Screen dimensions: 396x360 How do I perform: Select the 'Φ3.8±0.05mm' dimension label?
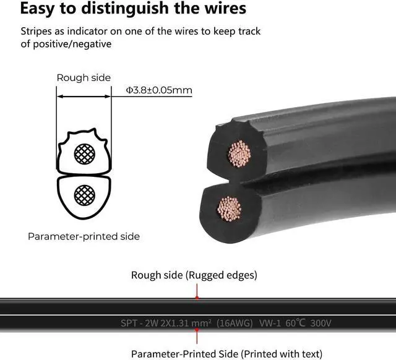coord(159,90)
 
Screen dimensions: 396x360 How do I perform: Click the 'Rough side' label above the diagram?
coord(84,77)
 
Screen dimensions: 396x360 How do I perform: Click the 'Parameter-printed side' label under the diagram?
coord(84,236)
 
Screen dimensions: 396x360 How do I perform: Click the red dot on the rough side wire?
coord(197,298)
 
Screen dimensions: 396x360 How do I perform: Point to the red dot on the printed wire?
coord(197,330)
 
